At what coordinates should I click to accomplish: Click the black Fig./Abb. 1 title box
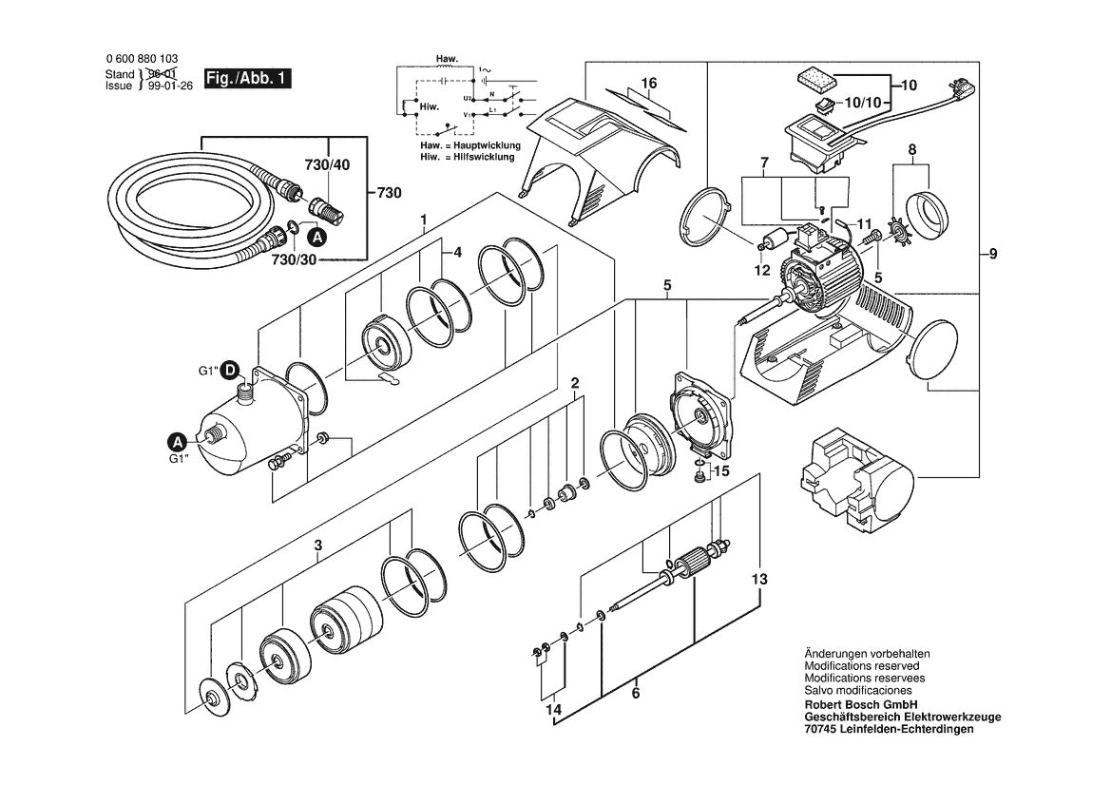(x=247, y=78)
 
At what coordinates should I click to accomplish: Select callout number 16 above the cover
(x=649, y=83)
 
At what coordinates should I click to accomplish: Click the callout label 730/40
(x=327, y=165)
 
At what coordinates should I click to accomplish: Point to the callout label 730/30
(x=294, y=260)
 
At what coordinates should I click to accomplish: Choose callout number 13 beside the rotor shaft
(x=759, y=580)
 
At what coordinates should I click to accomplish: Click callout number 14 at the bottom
(x=553, y=709)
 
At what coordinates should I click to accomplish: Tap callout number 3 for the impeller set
(x=318, y=546)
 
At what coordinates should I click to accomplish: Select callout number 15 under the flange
(x=721, y=470)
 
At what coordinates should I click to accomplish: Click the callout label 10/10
(x=862, y=104)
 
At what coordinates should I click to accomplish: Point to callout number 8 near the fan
(x=912, y=149)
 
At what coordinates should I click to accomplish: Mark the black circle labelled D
(x=229, y=369)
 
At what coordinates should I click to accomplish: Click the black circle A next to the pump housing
(x=178, y=443)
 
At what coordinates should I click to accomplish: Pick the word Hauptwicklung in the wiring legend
(x=486, y=146)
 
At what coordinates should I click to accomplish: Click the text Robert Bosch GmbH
(x=861, y=705)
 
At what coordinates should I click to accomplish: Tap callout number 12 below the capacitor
(x=761, y=270)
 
